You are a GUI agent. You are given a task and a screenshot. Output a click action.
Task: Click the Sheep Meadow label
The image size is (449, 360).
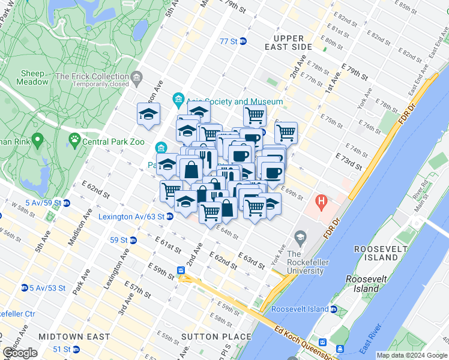click(x=34, y=77)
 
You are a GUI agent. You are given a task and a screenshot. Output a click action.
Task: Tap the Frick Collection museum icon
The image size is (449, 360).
click(x=137, y=77)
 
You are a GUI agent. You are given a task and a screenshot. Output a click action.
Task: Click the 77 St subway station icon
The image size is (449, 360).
click(x=243, y=41)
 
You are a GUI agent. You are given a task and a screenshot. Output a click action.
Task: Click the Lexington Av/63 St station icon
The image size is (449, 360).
click(x=170, y=216)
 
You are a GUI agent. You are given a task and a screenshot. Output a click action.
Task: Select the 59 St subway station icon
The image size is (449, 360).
click(x=133, y=240)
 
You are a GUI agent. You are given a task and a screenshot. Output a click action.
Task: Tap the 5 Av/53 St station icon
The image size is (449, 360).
click(x=25, y=287)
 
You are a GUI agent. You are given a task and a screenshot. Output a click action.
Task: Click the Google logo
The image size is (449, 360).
click(x=20, y=352)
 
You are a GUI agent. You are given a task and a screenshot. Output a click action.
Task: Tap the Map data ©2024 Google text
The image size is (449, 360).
click(x=411, y=355)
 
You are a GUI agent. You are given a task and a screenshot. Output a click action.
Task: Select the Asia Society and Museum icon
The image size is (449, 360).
click(x=178, y=98)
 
